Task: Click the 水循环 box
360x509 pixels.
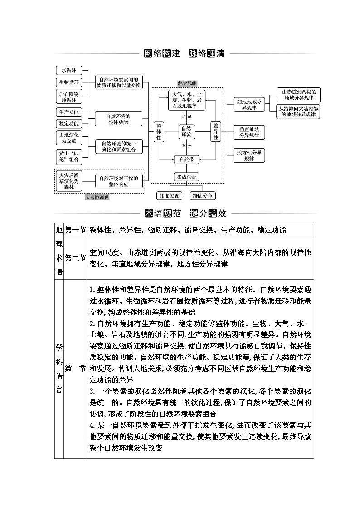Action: [69, 70]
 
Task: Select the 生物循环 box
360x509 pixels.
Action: [69, 82]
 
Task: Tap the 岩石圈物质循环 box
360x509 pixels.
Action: [69, 97]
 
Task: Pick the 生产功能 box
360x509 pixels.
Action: [69, 112]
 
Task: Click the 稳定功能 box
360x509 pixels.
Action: [69, 123]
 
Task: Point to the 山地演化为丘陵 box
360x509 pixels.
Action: [69, 138]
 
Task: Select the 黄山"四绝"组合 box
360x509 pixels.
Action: [69, 156]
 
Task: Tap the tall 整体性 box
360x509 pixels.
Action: [159, 131]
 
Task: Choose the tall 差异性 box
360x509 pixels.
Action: [215, 131]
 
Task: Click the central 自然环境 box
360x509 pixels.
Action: [186, 131]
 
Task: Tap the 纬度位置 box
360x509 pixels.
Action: [169, 196]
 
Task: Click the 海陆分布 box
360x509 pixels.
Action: [204, 196]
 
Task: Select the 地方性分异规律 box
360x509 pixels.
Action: [249, 156]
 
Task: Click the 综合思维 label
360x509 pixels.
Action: [187, 83]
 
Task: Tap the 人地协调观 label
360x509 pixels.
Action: [97, 198]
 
